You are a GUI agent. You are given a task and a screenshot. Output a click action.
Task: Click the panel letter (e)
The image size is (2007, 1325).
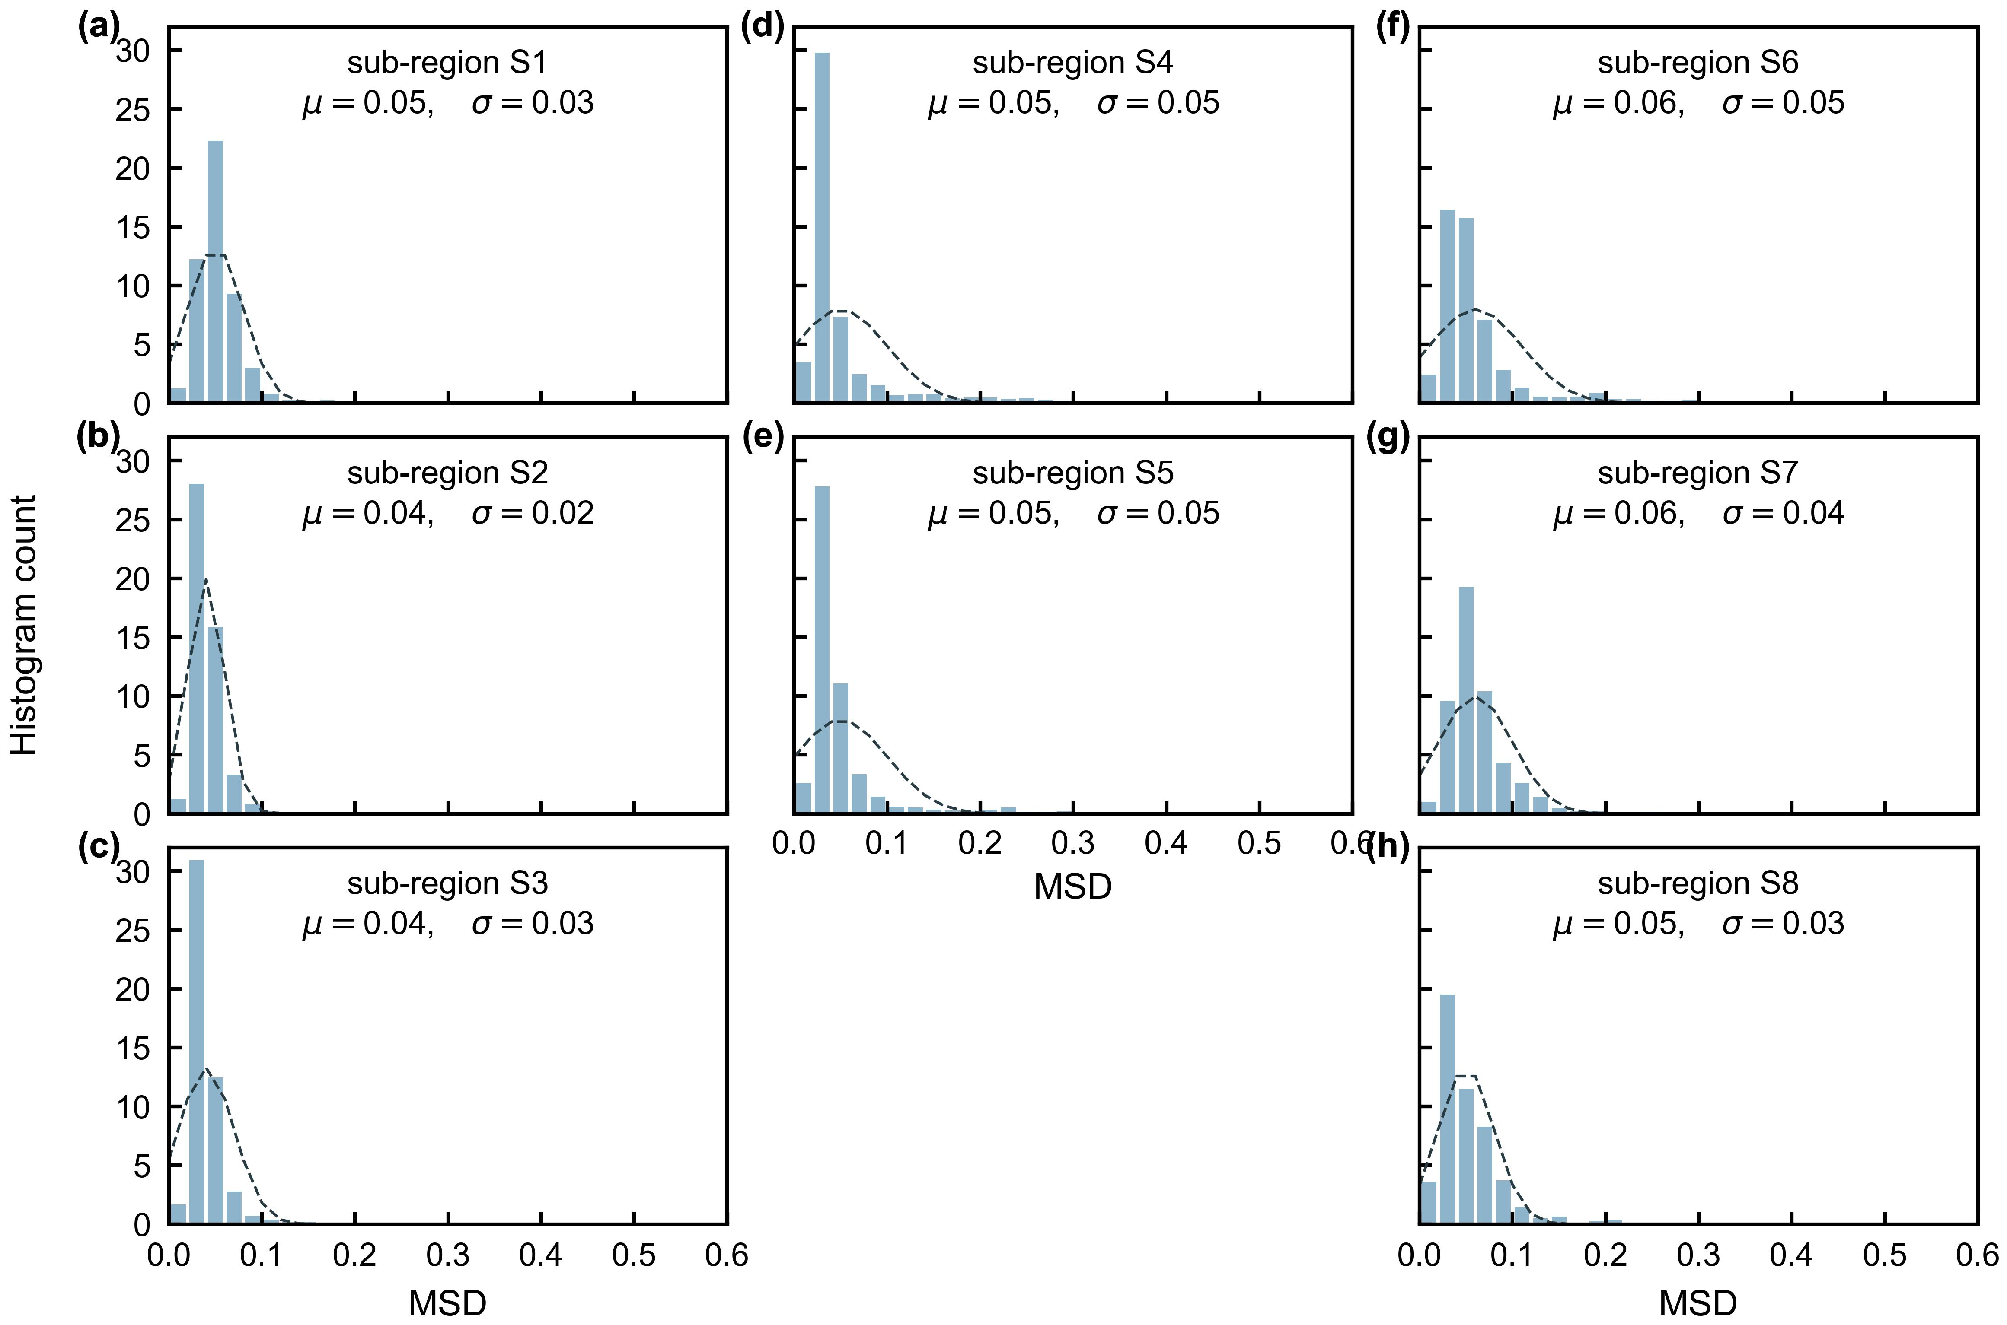pyautogui.click(x=763, y=438)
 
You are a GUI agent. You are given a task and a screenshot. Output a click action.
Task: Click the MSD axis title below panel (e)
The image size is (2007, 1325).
pyautogui.click(x=1072, y=887)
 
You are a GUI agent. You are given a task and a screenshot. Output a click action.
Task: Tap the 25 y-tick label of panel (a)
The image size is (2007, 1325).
pyautogui.click(x=132, y=110)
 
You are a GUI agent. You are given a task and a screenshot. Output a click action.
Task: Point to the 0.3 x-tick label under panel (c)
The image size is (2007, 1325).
pyautogui.click(x=447, y=1256)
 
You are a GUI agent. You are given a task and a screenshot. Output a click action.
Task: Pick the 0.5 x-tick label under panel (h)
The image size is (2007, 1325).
pyautogui.click(x=1884, y=1256)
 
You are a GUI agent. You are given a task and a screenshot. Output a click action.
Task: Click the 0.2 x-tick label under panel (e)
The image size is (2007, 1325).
pyautogui.click(x=980, y=843)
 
